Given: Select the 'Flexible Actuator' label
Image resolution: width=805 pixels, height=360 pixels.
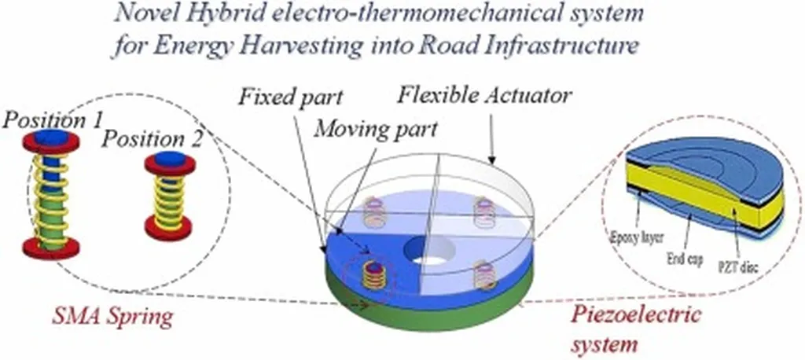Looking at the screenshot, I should (485, 97).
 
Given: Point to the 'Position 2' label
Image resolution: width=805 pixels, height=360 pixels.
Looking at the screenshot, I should (153, 140).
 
